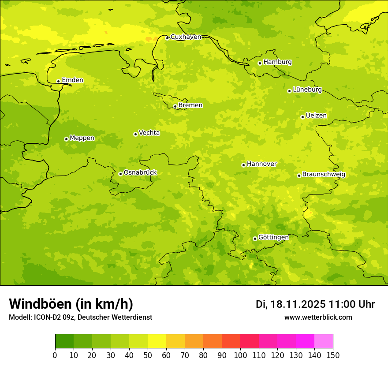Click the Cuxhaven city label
click(x=186, y=37)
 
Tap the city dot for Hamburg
click(x=260, y=63)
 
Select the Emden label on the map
click(x=72, y=80)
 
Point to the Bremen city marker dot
click(x=175, y=106)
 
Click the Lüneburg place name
click(x=307, y=90)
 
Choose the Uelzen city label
click(x=316, y=116)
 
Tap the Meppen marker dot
click(x=66, y=139)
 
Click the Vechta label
click(x=149, y=133)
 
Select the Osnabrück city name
click(x=140, y=172)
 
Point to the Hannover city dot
click(x=243, y=165)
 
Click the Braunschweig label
click(x=324, y=175)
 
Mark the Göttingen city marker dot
click(x=255, y=239)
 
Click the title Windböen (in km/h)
click(x=71, y=304)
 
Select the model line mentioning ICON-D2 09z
click(x=80, y=317)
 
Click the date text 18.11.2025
click(x=298, y=304)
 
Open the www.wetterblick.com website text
click(x=318, y=317)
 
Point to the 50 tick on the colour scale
click(x=148, y=355)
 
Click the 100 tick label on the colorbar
click(x=240, y=355)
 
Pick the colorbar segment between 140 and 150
click(x=324, y=341)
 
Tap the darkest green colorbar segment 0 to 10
click(x=64, y=341)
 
